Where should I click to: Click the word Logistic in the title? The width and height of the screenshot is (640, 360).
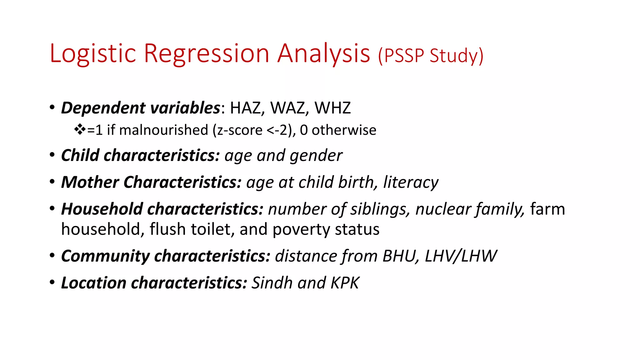tap(93, 54)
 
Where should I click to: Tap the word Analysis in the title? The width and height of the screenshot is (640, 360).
tap(324, 54)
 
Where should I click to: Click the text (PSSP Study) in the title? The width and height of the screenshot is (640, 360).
tap(431, 56)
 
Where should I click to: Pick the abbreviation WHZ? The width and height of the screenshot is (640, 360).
tap(332, 108)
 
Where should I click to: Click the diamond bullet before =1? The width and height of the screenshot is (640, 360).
tap(80, 129)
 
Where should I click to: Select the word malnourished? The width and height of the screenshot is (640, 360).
tap(163, 130)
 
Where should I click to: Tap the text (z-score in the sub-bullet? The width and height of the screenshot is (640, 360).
tap(237, 130)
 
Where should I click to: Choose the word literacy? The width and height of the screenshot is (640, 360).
tap(411, 182)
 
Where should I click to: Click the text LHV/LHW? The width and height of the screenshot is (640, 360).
tap(460, 256)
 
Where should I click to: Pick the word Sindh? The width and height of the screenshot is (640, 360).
tap(272, 283)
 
